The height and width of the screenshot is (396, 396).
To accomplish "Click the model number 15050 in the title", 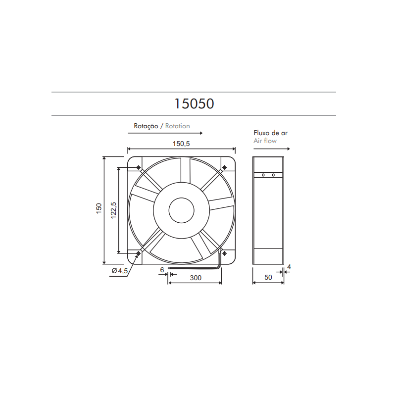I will pos(194,103).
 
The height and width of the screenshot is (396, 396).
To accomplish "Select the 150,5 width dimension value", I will pos(181,144).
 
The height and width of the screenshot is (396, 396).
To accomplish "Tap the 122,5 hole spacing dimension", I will pos(113,210).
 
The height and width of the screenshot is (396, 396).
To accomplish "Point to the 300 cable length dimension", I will pos(196,278).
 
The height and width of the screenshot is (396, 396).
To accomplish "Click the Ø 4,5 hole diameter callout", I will pos(120,271).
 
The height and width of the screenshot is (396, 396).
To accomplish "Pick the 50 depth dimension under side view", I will pos(268,278).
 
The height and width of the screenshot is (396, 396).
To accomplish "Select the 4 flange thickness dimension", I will pos(289,267).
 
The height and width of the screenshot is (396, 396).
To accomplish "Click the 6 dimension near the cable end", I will pos(162,270).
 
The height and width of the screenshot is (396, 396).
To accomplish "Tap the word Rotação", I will pos(146,126).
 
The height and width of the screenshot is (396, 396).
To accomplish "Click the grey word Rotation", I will pos(178,126).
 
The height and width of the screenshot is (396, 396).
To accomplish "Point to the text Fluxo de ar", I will pos(270,133).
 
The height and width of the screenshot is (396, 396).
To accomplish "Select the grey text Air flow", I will pos(265,141).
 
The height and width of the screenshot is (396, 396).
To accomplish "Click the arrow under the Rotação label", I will pos(168,134).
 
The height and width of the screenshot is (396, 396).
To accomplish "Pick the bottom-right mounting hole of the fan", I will pos(225,254).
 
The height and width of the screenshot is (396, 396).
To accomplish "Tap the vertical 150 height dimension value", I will pos(99,209).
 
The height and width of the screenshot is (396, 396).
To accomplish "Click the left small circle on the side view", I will pos(264,175).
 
